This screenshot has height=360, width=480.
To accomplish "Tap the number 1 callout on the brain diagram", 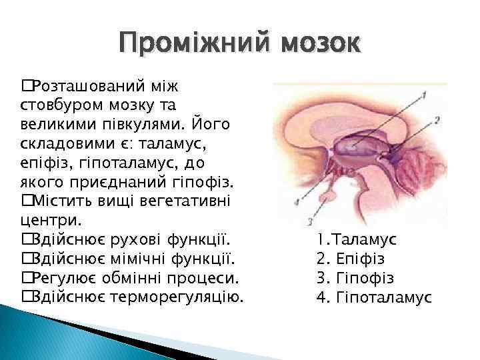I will click(425, 94).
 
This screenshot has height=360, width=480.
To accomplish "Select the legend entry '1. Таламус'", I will click(357, 239).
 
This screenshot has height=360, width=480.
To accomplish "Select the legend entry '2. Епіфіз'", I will click(351, 258).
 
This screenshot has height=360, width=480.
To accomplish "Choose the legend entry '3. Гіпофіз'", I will click(355, 277).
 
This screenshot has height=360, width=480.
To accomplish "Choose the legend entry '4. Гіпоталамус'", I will click(374, 296).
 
